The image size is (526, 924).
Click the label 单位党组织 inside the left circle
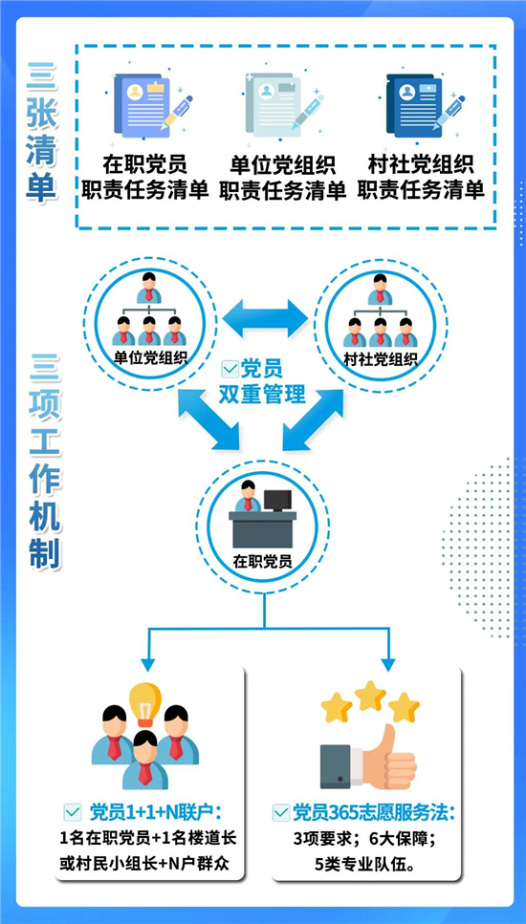(149, 357)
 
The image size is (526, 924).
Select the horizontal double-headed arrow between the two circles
(265, 318)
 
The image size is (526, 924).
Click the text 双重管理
(263, 394)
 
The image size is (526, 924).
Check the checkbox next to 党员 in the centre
(229, 369)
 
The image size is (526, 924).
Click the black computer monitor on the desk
(276, 501)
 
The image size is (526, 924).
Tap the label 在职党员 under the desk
(262, 560)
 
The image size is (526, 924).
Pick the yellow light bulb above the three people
(145, 703)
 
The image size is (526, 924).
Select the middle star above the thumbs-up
(370, 696)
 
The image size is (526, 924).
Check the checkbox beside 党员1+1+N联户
(73, 812)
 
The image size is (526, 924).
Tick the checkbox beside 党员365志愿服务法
(280, 812)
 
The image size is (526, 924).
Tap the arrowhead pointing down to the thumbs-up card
(387, 665)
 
